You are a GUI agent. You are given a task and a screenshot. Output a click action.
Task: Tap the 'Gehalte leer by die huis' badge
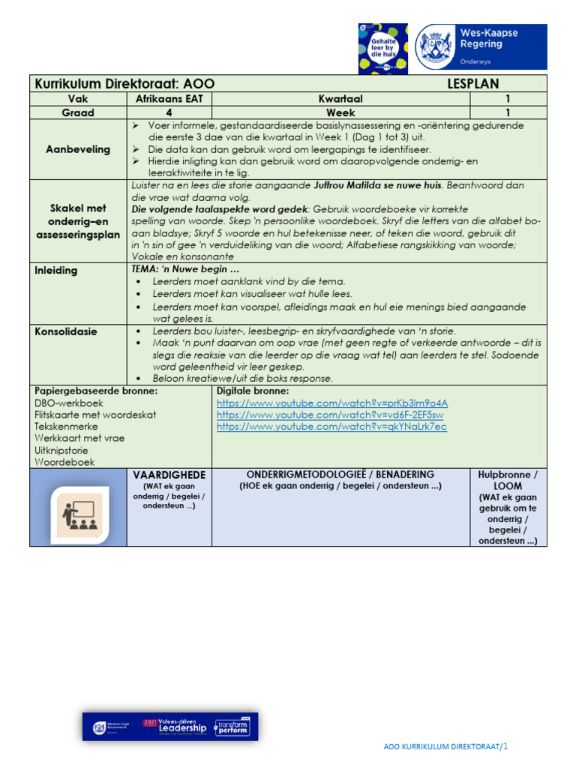click(x=383, y=48)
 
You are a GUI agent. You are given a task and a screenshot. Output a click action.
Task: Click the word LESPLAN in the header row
click(x=472, y=84)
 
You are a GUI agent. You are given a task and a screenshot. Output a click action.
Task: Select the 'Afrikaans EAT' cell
click(x=169, y=98)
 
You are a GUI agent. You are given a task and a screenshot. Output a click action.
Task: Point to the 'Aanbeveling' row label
click(x=78, y=149)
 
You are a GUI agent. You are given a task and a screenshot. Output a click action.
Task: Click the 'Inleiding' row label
click(x=55, y=270)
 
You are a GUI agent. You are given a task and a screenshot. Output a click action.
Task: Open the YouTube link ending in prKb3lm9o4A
click(x=331, y=403)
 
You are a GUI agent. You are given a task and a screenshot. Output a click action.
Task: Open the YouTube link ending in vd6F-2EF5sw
click(x=330, y=415)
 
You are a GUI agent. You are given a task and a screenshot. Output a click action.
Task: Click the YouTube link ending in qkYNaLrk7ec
click(x=331, y=427)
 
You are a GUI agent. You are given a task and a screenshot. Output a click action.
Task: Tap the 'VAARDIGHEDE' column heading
click(x=169, y=475)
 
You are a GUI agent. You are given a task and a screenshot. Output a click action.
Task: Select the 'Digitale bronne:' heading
click(x=252, y=391)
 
